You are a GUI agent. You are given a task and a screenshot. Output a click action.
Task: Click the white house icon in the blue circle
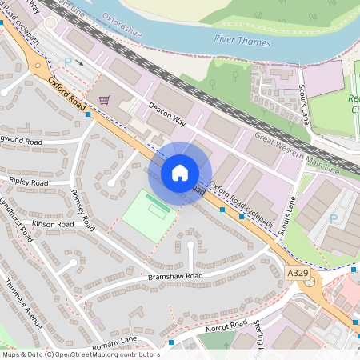(x=180, y=172)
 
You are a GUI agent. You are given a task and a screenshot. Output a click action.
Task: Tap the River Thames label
(x=242, y=41)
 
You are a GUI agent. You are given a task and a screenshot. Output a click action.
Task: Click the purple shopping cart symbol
(x=104, y=100)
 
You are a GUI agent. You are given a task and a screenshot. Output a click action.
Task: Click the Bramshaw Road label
(x=175, y=276)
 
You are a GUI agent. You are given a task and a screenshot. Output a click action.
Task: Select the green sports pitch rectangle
(x=146, y=213)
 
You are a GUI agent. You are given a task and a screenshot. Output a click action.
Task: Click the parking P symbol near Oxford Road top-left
(x=68, y=62)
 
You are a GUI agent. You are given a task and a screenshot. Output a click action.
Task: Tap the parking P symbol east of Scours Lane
(x=334, y=218)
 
